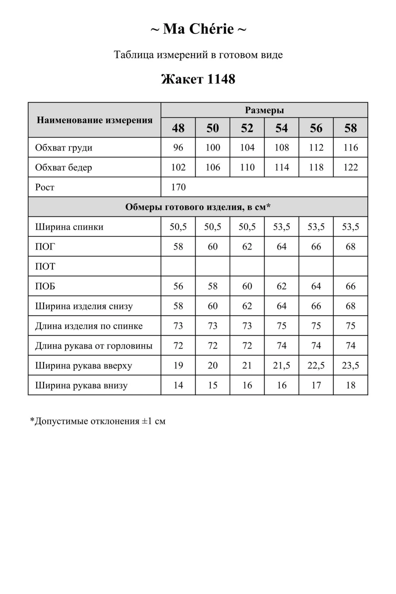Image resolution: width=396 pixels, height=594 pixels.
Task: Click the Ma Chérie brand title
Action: point(198,29)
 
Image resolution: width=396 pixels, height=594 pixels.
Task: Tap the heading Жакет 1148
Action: point(198,79)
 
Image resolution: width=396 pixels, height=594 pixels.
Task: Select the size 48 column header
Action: point(178,128)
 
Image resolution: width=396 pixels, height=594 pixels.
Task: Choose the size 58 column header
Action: point(351,128)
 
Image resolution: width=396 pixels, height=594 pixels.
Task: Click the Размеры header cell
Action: point(264,110)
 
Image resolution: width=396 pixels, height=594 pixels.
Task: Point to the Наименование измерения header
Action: point(94,120)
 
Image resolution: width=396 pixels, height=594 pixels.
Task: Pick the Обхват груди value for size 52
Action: point(247,148)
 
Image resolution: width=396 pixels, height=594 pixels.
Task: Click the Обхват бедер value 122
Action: point(351,168)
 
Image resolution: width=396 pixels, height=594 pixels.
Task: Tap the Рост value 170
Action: point(178,187)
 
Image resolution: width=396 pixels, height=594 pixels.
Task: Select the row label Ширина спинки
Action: point(69,227)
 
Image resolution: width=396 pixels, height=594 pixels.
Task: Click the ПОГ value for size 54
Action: point(282,247)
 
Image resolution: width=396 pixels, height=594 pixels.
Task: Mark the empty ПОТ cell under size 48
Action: point(178,266)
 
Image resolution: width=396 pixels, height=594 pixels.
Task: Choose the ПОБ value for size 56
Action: point(316,286)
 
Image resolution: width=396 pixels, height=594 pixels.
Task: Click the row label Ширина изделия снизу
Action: point(84,306)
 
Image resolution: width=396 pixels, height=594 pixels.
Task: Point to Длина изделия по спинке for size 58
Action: point(351,326)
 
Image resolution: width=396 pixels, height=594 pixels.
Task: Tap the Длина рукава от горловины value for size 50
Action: point(213,346)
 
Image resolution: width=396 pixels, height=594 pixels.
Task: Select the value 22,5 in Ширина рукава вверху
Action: point(316,366)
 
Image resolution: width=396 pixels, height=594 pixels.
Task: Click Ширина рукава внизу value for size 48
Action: point(178,385)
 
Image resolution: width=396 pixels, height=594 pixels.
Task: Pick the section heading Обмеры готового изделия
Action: point(198,207)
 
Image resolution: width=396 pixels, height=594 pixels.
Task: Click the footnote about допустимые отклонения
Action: point(98,421)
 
